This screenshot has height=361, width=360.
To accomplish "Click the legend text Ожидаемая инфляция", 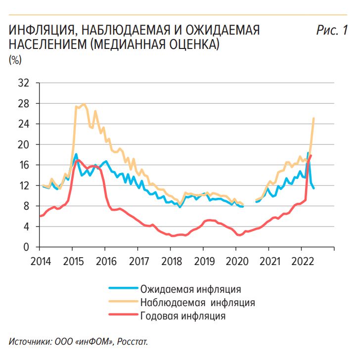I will pyautogui.click(x=190, y=288).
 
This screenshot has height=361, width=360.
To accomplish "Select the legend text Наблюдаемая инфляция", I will pyautogui.click(x=197, y=302).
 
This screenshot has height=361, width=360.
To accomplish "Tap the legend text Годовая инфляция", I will pyautogui.click(x=182, y=316).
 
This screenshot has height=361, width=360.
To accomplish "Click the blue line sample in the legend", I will pyautogui.click(x=121, y=288).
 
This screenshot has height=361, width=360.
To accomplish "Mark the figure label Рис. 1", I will pyautogui.click(x=331, y=31).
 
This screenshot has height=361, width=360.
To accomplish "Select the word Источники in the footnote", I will pyautogui.click(x=29, y=342).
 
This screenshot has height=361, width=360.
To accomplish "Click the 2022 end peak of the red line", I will pyautogui.click(x=311, y=155).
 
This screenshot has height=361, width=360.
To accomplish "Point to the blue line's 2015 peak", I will pyautogui.click(x=76, y=154).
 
